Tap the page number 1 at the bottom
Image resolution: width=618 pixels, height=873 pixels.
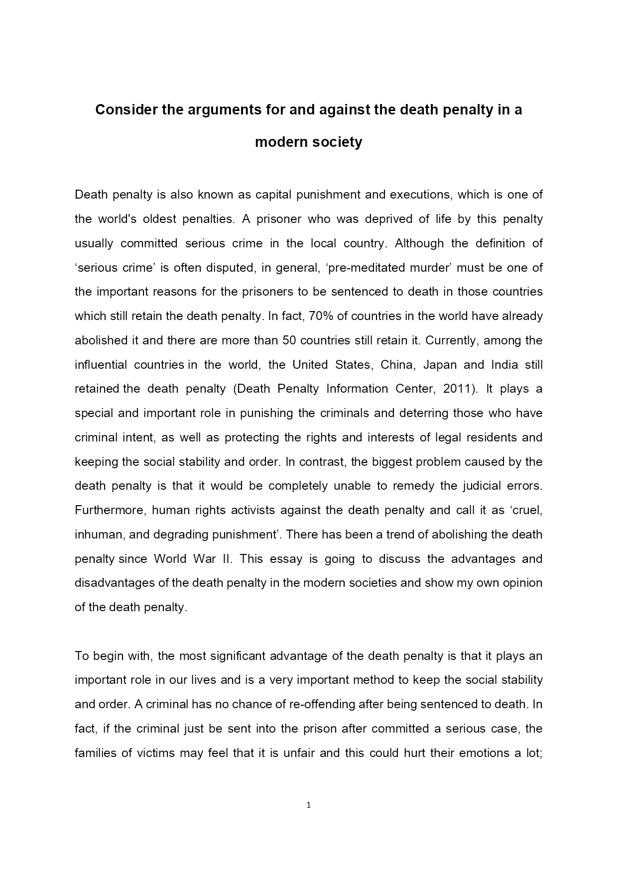[x=309, y=805]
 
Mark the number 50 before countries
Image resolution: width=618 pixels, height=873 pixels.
[x=289, y=340]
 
